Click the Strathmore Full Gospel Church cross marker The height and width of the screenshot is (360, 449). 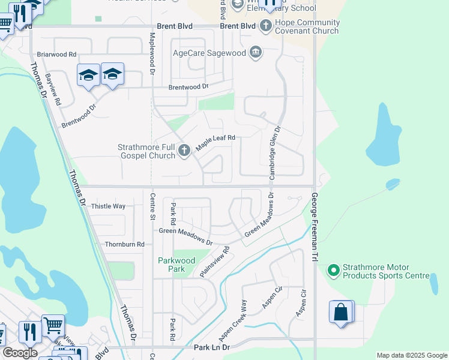184,150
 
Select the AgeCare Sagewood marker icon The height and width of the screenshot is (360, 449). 256,53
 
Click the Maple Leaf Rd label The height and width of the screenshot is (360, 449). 214,142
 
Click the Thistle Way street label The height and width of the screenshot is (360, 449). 108,206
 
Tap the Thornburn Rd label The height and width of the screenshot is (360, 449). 124,244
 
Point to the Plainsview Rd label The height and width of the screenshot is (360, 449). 215,262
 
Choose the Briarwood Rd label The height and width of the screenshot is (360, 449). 56,53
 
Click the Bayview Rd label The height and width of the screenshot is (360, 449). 53,89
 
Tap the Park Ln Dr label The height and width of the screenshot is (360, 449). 212,347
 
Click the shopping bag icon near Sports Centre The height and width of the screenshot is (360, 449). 341,313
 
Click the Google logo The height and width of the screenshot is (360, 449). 20,353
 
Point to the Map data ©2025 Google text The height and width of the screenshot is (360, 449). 411,355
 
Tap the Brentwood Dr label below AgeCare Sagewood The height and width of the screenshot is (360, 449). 188,87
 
